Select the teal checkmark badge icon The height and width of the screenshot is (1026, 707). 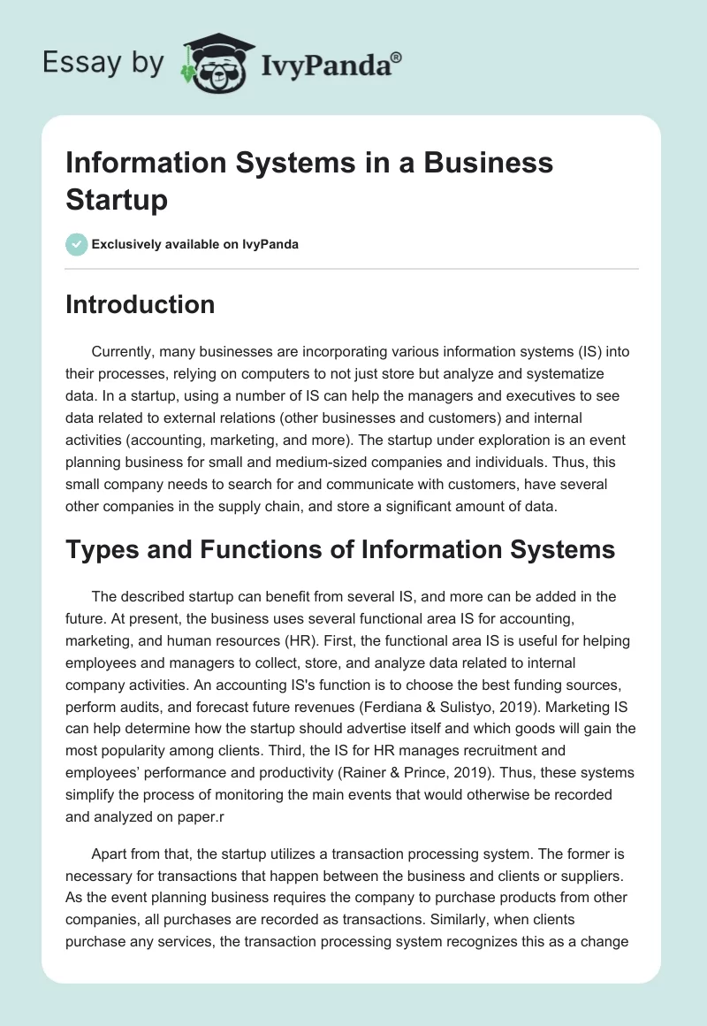click(77, 244)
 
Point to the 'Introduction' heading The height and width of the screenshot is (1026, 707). click(140, 304)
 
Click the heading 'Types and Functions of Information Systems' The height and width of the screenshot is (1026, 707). click(340, 549)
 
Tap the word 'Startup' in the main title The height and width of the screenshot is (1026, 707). click(116, 199)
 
